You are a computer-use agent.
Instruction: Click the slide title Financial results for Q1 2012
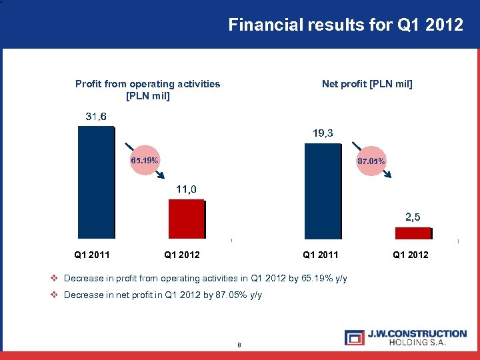(x=345, y=25)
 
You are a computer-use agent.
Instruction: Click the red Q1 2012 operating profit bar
(x=186, y=219)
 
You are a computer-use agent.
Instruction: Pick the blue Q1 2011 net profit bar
(x=322, y=191)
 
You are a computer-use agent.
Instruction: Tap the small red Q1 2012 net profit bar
(x=413, y=233)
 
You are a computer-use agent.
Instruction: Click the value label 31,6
(x=96, y=117)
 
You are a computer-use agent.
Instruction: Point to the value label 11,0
(x=186, y=190)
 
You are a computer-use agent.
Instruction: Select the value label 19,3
(x=323, y=134)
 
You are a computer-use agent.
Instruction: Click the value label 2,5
(x=413, y=217)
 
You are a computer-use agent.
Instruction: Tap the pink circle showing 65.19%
(x=145, y=161)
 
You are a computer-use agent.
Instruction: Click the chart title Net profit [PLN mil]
(x=367, y=84)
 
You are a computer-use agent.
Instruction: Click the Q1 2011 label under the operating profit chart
(x=92, y=255)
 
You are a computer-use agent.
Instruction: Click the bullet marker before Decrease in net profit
(x=55, y=295)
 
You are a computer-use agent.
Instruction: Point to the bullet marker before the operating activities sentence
(x=55, y=278)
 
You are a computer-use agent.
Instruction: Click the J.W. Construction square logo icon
(x=354, y=337)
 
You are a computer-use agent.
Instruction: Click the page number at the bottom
(x=238, y=345)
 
